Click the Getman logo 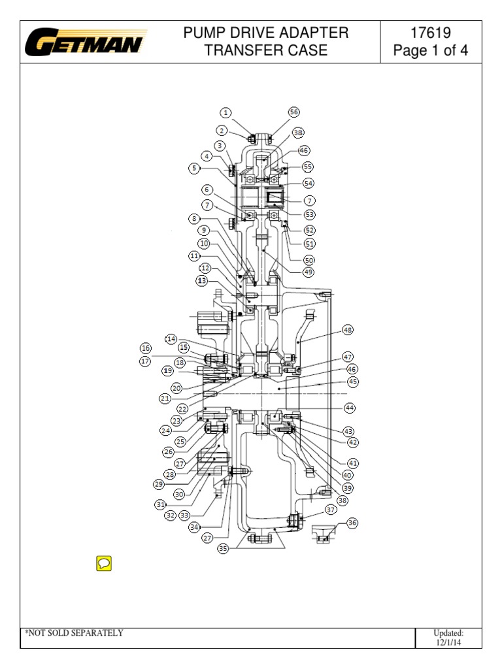(x=86, y=43)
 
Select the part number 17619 (x=430, y=33)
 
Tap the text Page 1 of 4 (x=430, y=51)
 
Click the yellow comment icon (x=103, y=563)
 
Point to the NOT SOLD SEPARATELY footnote (x=74, y=633)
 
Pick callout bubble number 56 (x=294, y=112)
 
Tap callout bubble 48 (x=347, y=331)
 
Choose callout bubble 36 (x=352, y=523)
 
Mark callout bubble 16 (x=145, y=348)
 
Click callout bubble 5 (x=194, y=168)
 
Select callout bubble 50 (x=309, y=259)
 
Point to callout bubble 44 (x=350, y=408)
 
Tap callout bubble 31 (x=159, y=504)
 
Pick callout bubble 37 (x=331, y=510)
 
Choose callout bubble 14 (x=171, y=339)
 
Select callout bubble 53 (x=309, y=214)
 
